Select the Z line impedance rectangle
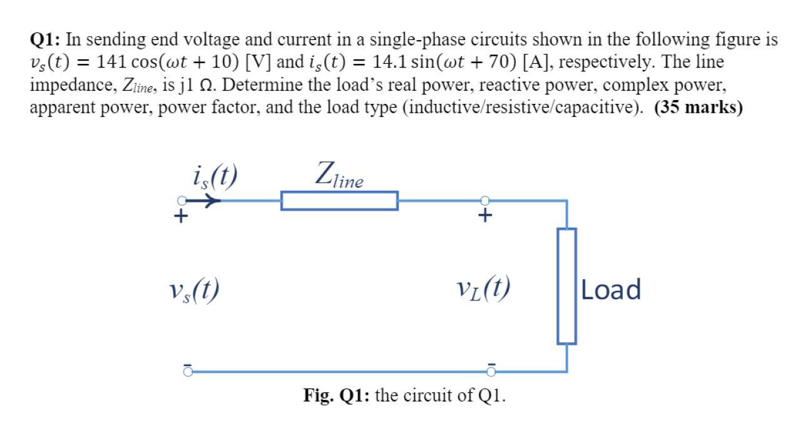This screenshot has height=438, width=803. click(339, 201)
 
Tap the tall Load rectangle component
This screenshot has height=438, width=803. click(566, 286)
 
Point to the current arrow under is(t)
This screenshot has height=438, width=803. click(208, 201)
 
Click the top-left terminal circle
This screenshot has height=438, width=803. click(182, 201)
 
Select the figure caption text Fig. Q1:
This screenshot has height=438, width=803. click(336, 396)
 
